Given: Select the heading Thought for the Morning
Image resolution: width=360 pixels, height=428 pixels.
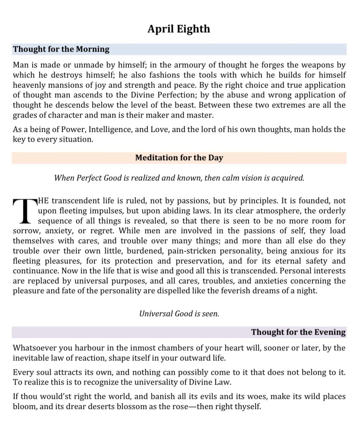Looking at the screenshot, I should point(61,49).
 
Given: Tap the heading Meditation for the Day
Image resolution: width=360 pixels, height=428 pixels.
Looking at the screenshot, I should point(179,158).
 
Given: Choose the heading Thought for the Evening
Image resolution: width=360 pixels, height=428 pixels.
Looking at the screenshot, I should point(298,332).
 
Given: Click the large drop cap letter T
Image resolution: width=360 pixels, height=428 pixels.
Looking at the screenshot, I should point(23,210).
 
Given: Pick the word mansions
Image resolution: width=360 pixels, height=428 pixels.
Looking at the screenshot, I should point(58,85).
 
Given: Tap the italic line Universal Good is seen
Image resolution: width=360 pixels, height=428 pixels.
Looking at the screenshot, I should point(179,313).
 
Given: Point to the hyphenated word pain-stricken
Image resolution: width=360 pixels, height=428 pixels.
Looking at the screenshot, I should point(194,250).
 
